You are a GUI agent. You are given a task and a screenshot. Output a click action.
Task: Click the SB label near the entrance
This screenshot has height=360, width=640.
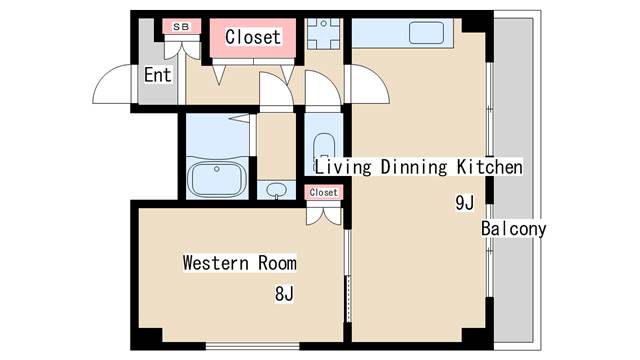pyautogui.click(x=181, y=27)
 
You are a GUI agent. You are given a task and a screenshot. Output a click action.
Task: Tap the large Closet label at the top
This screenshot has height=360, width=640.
pyautogui.click(x=253, y=37)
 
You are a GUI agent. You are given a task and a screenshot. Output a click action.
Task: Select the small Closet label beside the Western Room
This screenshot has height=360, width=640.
pyautogui.click(x=324, y=192)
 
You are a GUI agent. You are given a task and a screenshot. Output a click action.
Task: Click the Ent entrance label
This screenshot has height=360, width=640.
pyautogui.click(x=158, y=75)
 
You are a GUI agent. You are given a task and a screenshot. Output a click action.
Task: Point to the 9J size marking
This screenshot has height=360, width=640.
pyautogui.click(x=465, y=202)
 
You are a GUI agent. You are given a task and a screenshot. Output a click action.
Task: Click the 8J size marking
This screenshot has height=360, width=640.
pyautogui.click(x=284, y=293)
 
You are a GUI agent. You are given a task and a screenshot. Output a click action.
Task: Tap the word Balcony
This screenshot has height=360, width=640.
pyautogui.click(x=513, y=229)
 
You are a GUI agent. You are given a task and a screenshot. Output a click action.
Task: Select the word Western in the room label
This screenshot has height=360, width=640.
pyautogui.click(x=216, y=263)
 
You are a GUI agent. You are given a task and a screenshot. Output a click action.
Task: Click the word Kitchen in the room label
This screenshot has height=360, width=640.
pyautogui.click(x=489, y=167)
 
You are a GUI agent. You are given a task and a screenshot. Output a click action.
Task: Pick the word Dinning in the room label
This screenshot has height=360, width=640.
pyautogui.click(x=414, y=167)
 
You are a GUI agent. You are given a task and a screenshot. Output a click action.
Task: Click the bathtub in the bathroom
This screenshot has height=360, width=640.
pyautogui.click(x=217, y=178)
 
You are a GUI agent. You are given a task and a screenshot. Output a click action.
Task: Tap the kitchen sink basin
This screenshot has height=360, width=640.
pyautogui.click(x=427, y=33)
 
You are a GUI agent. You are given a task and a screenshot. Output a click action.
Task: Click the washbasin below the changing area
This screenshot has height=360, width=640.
pyautogui.click(x=277, y=190)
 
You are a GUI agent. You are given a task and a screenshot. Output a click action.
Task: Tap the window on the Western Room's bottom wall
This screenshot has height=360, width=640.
pyautogui.click(x=252, y=347)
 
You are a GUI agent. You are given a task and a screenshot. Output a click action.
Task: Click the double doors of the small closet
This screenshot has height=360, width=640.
pyautogui.click(x=324, y=216)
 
